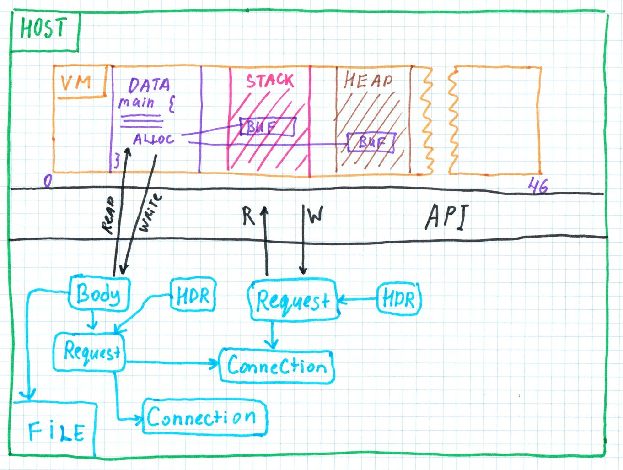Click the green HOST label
[43, 28]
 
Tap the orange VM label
[76, 83]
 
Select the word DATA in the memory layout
[149, 85]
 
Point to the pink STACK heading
[269, 81]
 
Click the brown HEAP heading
[368, 81]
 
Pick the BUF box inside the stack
[268, 126]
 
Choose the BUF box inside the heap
[371, 142]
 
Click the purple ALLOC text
[153, 139]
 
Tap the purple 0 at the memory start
[48, 181]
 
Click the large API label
[447, 216]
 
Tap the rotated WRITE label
[150, 212]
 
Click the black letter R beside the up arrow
[248, 216]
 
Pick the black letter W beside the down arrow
[316, 215]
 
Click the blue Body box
[99, 293]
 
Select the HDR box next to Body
[193, 296]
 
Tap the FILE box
[55, 430]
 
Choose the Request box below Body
[90, 352]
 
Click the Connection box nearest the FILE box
[204, 417]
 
